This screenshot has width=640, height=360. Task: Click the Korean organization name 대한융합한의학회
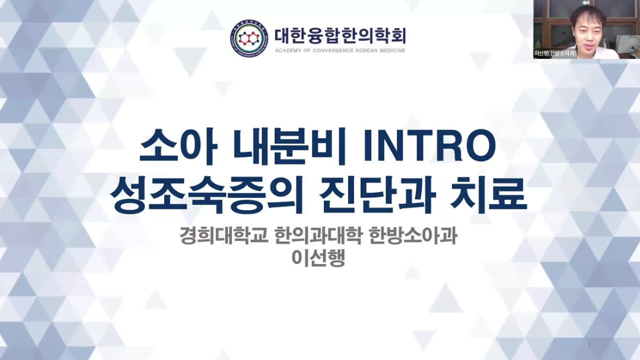click(x=340, y=36)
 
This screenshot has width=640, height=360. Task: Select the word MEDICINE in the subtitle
click(x=390, y=50)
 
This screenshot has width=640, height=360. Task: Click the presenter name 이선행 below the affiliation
click(x=319, y=258)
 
